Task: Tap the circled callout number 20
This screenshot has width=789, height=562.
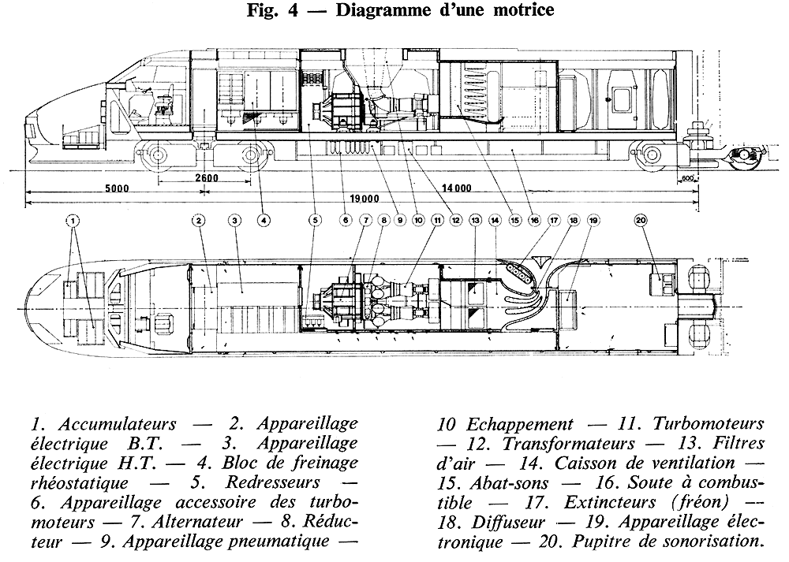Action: tap(640, 221)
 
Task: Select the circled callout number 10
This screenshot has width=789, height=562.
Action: tap(418, 221)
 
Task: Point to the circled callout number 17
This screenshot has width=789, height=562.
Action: tap(553, 221)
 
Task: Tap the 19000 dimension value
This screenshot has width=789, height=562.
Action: tap(362, 199)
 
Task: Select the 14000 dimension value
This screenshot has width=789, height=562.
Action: tap(457, 188)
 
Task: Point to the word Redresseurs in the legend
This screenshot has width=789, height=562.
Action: tap(282, 482)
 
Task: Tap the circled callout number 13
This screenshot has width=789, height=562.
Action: tap(474, 221)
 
